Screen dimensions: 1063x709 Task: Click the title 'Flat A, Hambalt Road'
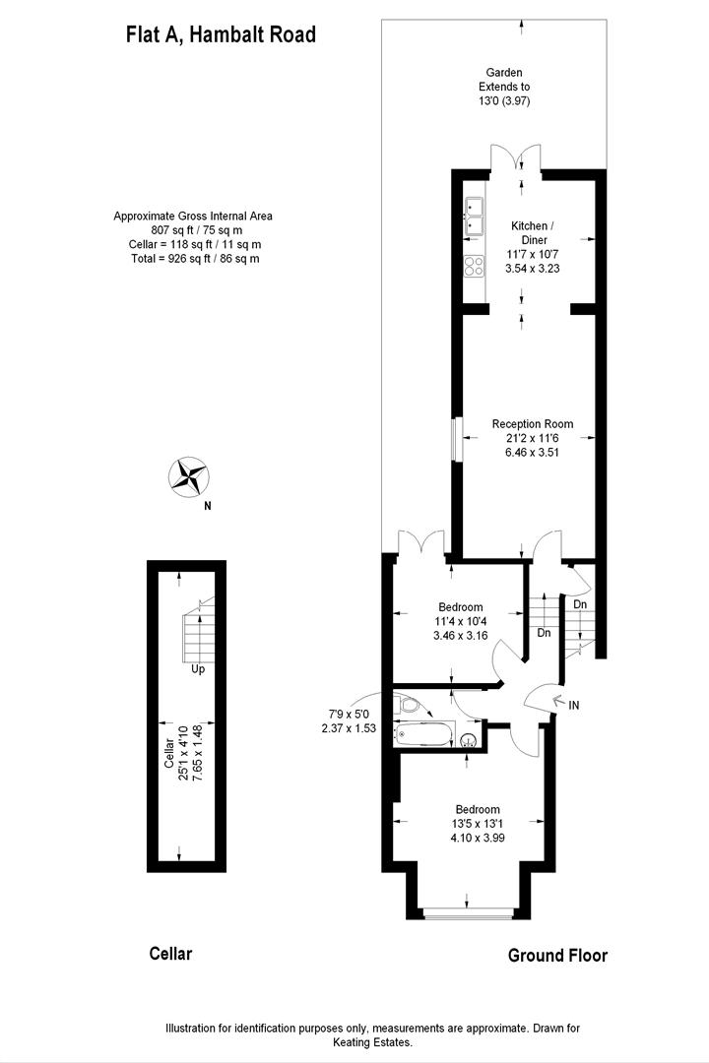221,35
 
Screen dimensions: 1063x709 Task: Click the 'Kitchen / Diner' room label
531,232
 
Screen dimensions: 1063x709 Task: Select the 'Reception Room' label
532,424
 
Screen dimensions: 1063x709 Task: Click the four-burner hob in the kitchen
474,265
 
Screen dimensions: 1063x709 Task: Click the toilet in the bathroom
411,704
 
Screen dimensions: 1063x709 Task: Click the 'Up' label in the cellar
198,669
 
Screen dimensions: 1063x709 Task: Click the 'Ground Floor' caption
557,955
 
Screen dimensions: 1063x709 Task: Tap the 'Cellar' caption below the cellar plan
170,953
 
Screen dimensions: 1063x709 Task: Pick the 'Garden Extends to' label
503,80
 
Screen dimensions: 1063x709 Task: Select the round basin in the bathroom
470,741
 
